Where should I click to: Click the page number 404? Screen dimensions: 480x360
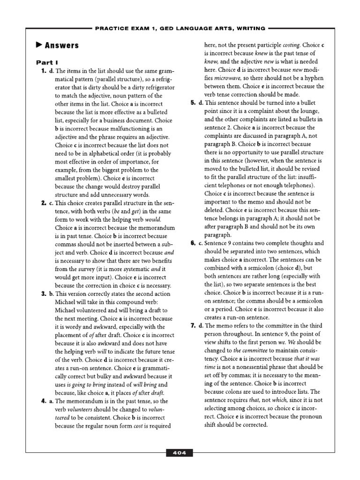point(180,453)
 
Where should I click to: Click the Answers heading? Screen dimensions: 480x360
point(62,45)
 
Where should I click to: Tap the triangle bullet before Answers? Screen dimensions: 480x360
point(39,45)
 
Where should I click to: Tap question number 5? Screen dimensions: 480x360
point(193,103)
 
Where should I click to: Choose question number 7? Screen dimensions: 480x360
point(193,325)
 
